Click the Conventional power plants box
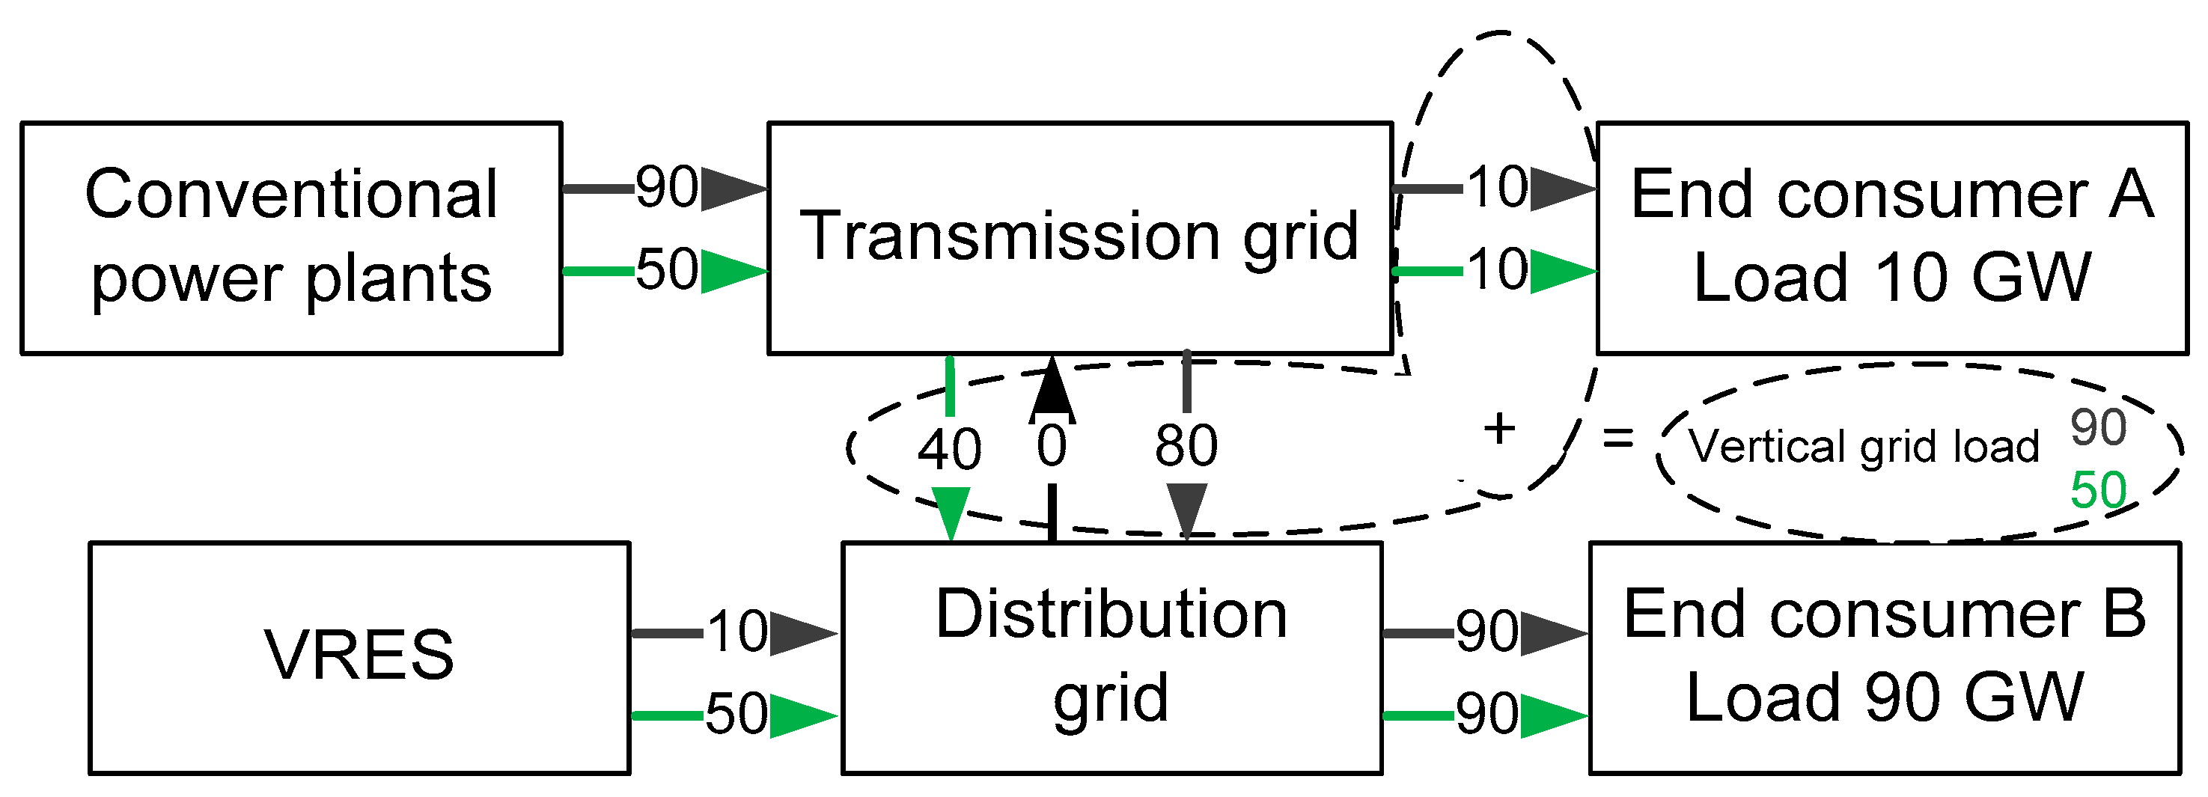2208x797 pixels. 291,237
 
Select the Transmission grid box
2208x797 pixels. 1079,237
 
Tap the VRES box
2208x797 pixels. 359,656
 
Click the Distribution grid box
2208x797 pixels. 1111,656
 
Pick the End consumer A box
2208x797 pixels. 1891,237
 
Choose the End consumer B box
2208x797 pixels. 1884,656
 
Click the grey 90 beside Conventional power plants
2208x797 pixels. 666,188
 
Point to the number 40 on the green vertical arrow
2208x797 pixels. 949,449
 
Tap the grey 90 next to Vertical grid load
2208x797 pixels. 2098,427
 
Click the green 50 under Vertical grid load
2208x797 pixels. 2098,491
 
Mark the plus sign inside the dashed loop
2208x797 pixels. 1499,429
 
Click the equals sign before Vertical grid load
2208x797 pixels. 1617,439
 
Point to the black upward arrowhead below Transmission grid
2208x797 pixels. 1052,391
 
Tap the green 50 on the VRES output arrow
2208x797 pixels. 736,715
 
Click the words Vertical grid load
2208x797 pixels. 1864,448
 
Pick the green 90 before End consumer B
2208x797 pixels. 1487,715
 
